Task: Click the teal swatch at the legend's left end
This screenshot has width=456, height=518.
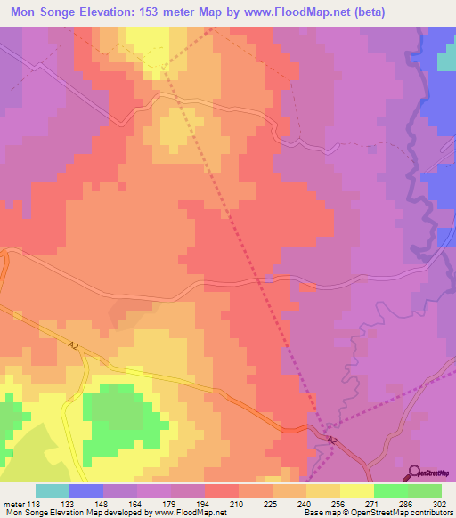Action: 53,490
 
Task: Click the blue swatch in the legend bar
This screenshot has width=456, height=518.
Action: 86,490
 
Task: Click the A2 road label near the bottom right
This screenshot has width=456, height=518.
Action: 331,441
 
